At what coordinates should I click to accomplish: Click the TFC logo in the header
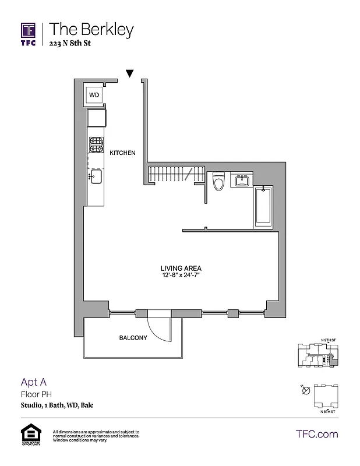[29, 33]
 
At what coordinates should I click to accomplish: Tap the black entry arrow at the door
[130, 73]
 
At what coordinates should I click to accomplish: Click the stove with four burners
[96, 144]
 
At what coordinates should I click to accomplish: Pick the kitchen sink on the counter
[96, 176]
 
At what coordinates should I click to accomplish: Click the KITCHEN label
[122, 153]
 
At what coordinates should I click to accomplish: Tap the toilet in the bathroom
[219, 182]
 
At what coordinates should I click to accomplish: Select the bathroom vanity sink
[242, 181]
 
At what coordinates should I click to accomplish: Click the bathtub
[264, 207]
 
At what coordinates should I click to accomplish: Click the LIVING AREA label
[181, 269]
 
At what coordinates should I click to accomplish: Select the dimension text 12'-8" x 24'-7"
[181, 276]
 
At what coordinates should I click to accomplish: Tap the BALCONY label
[133, 338]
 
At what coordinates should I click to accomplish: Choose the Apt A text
[33, 382]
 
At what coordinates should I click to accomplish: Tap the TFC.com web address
[317, 434]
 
